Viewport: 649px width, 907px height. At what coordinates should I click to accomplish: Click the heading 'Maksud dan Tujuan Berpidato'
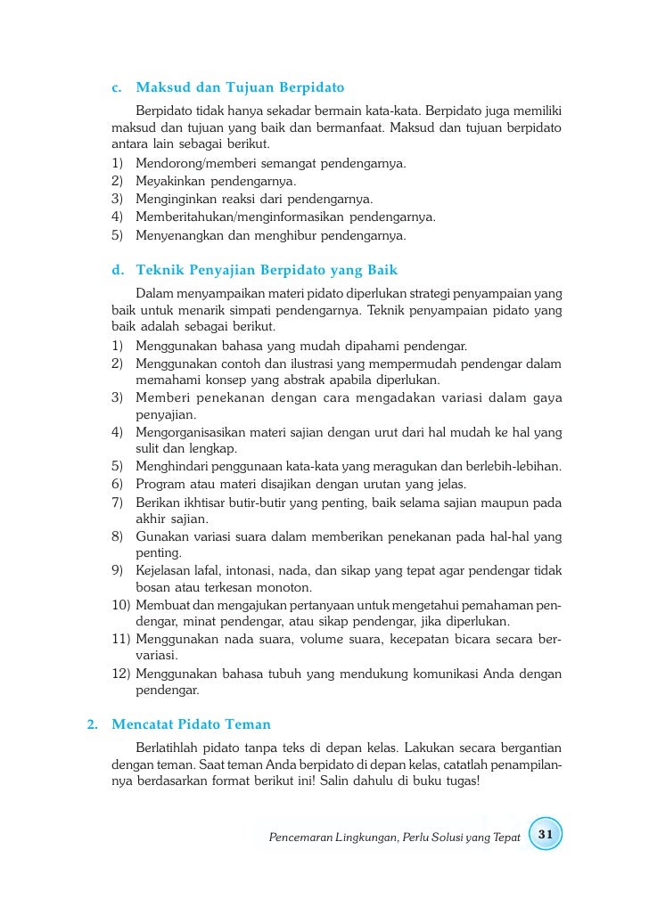[239, 88]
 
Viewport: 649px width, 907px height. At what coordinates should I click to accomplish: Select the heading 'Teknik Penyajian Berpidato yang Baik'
[266, 270]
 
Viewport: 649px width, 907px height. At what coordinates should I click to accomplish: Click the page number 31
[546, 834]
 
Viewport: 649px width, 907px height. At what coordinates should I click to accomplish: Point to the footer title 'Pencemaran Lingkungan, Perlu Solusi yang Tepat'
[393, 838]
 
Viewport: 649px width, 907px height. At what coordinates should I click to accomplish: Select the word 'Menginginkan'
[173, 200]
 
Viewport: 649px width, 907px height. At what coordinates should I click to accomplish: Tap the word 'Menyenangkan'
[176, 236]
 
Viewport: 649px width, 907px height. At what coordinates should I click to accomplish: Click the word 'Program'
[160, 485]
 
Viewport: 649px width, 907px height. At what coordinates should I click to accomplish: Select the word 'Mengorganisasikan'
[191, 433]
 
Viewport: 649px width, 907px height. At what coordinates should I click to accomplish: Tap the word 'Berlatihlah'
[171, 746]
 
